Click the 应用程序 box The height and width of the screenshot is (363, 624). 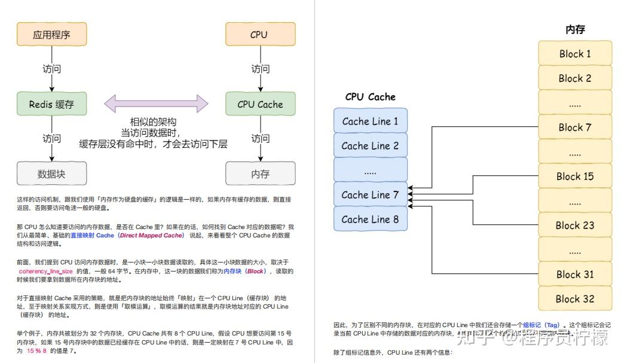pos(52,35)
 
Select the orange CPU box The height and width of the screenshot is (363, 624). pos(259,35)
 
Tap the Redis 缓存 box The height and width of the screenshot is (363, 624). pos(52,104)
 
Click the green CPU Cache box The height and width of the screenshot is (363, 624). pos(259,104)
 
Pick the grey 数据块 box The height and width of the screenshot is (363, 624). pos(52,174)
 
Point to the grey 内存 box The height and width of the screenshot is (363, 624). pos(259,174)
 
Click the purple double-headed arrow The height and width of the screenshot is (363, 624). pos(156,103)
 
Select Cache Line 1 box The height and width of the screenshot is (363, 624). pos(370,121)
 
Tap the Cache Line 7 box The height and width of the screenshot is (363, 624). pos(370,194)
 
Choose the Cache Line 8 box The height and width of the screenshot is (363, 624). pos(370,219)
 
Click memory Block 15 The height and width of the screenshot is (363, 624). pos(574,176)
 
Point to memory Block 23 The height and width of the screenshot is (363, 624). pos(574,225)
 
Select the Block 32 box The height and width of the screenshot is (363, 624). pos(574,298)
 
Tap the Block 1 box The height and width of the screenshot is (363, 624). pos(574,53)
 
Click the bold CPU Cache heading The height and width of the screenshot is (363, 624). pos(370,96)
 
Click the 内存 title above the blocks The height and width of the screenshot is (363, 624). pos(574,29)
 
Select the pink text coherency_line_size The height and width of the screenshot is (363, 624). pos(45,271)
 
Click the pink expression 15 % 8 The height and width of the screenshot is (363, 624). pos(36,351)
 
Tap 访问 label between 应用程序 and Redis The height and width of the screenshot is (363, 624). pos(52,69)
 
